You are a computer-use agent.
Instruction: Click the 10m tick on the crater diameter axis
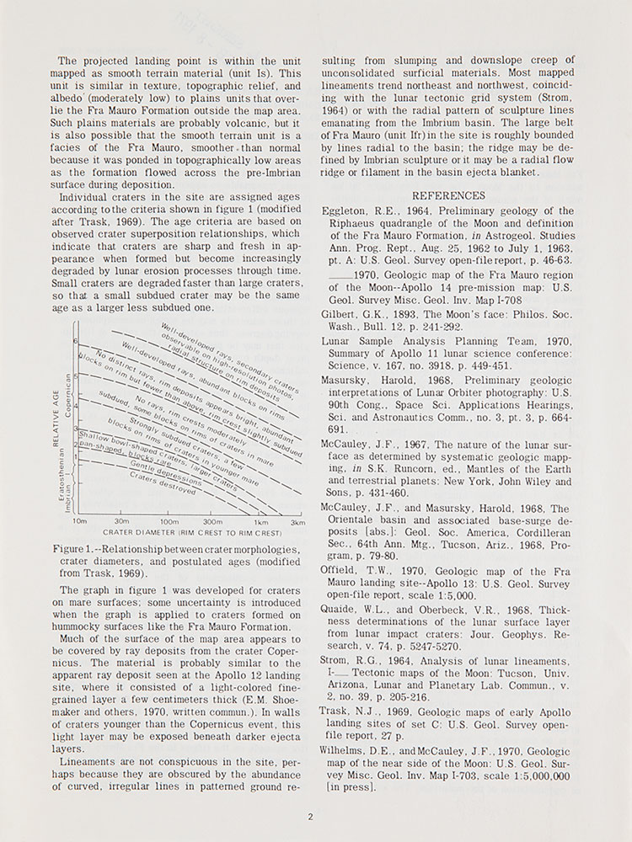click(x=80, y=522)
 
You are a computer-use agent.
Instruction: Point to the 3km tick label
click(x=297, y=522)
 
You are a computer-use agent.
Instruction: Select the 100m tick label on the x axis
click(x=169, y=522)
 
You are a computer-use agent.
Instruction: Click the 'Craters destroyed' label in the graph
click(x=163, y=483)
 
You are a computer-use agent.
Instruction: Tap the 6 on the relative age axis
click(x=75, y=341)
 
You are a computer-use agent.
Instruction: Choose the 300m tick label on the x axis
click(x=213, y=522)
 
